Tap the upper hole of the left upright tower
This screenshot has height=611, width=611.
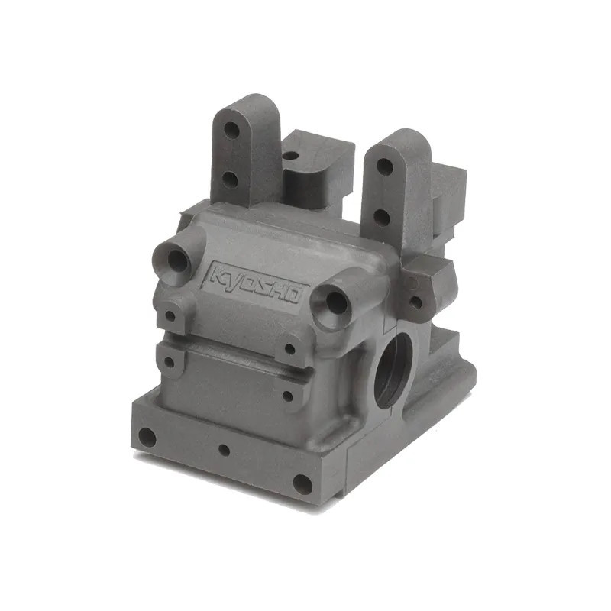[231, 129]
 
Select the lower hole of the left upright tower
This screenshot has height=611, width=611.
[229, 180]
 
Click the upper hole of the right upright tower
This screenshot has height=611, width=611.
[384, 166]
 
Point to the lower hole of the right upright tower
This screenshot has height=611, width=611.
[381, 217]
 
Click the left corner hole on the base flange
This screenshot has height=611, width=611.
[147, 438]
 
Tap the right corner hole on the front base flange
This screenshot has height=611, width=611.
[302, 484]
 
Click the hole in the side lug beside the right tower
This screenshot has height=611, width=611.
[415, 302]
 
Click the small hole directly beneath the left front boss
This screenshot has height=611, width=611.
[170, 315]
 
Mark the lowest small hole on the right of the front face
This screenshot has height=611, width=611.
[288, 396]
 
